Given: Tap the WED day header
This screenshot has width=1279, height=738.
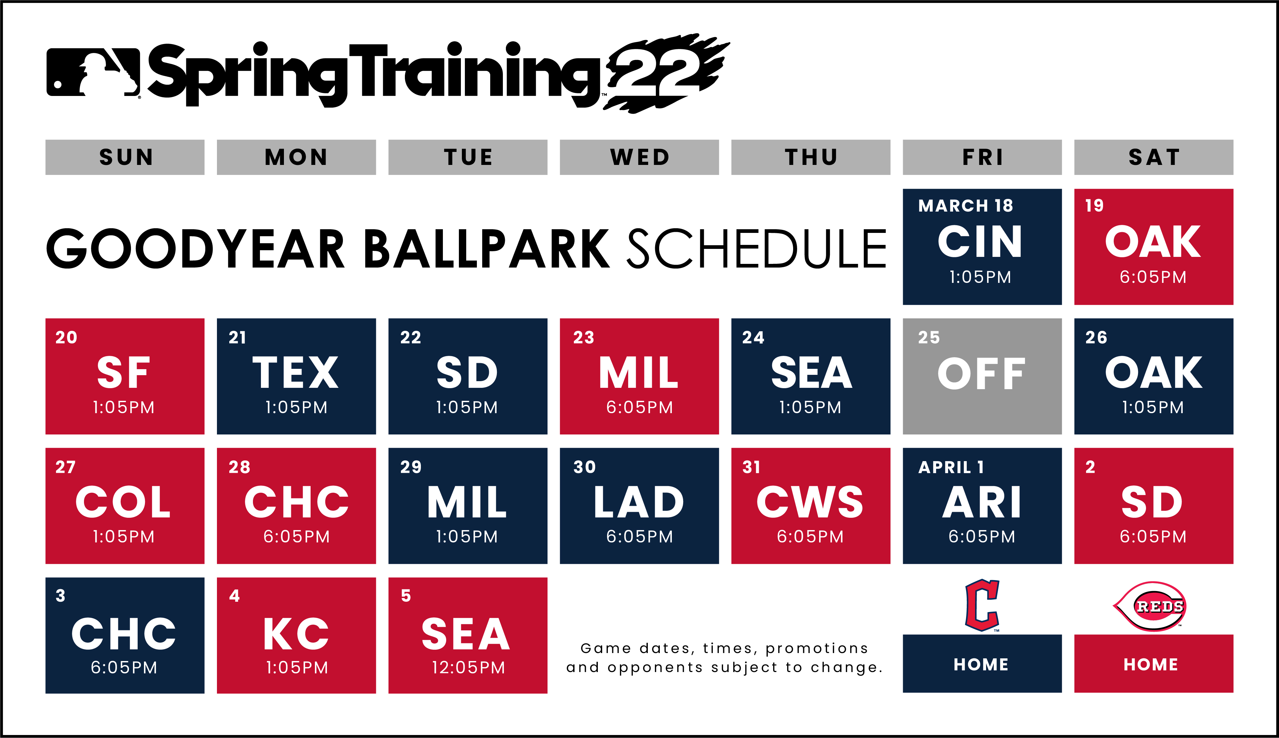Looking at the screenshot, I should coord(639,157).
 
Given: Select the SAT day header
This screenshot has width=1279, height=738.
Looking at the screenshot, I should coord(1153,157).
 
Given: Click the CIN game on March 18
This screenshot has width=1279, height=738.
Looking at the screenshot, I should coord(982,247).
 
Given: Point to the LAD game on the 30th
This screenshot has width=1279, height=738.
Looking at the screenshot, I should coord(639,505).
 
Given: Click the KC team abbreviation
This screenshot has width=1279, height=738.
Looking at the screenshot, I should coord(296,634).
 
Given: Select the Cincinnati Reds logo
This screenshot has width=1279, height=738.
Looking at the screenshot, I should coord(1151,606).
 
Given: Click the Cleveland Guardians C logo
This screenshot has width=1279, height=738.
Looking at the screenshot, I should coord(982,605).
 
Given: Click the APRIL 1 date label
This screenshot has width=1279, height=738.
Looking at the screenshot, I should coord(951,467).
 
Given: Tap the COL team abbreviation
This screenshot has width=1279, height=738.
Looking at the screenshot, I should coord(123,502).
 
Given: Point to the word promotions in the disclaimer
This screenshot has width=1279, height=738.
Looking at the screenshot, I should coord(817,648).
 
